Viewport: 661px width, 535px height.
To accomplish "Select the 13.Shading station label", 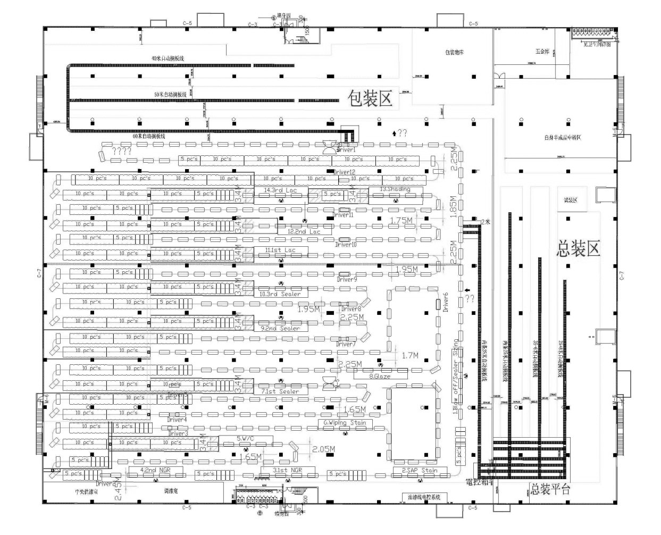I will point(395,189).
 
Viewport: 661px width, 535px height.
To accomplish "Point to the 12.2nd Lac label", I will point(304,232).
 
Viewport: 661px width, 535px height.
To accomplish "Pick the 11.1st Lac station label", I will point(280,250).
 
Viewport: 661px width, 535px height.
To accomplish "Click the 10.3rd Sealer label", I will point(280,294).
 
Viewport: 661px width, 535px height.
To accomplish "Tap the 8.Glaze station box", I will point(380,376).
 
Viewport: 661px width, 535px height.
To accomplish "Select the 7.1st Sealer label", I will point(280,391).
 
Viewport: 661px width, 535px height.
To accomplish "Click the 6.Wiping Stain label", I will point(345,423).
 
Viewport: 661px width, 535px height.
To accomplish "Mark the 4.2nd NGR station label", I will point(155,470).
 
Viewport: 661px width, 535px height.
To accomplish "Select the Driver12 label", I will point(344,172).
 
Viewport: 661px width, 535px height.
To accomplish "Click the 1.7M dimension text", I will point(410,355).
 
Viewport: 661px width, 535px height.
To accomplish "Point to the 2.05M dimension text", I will point(323,449).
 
